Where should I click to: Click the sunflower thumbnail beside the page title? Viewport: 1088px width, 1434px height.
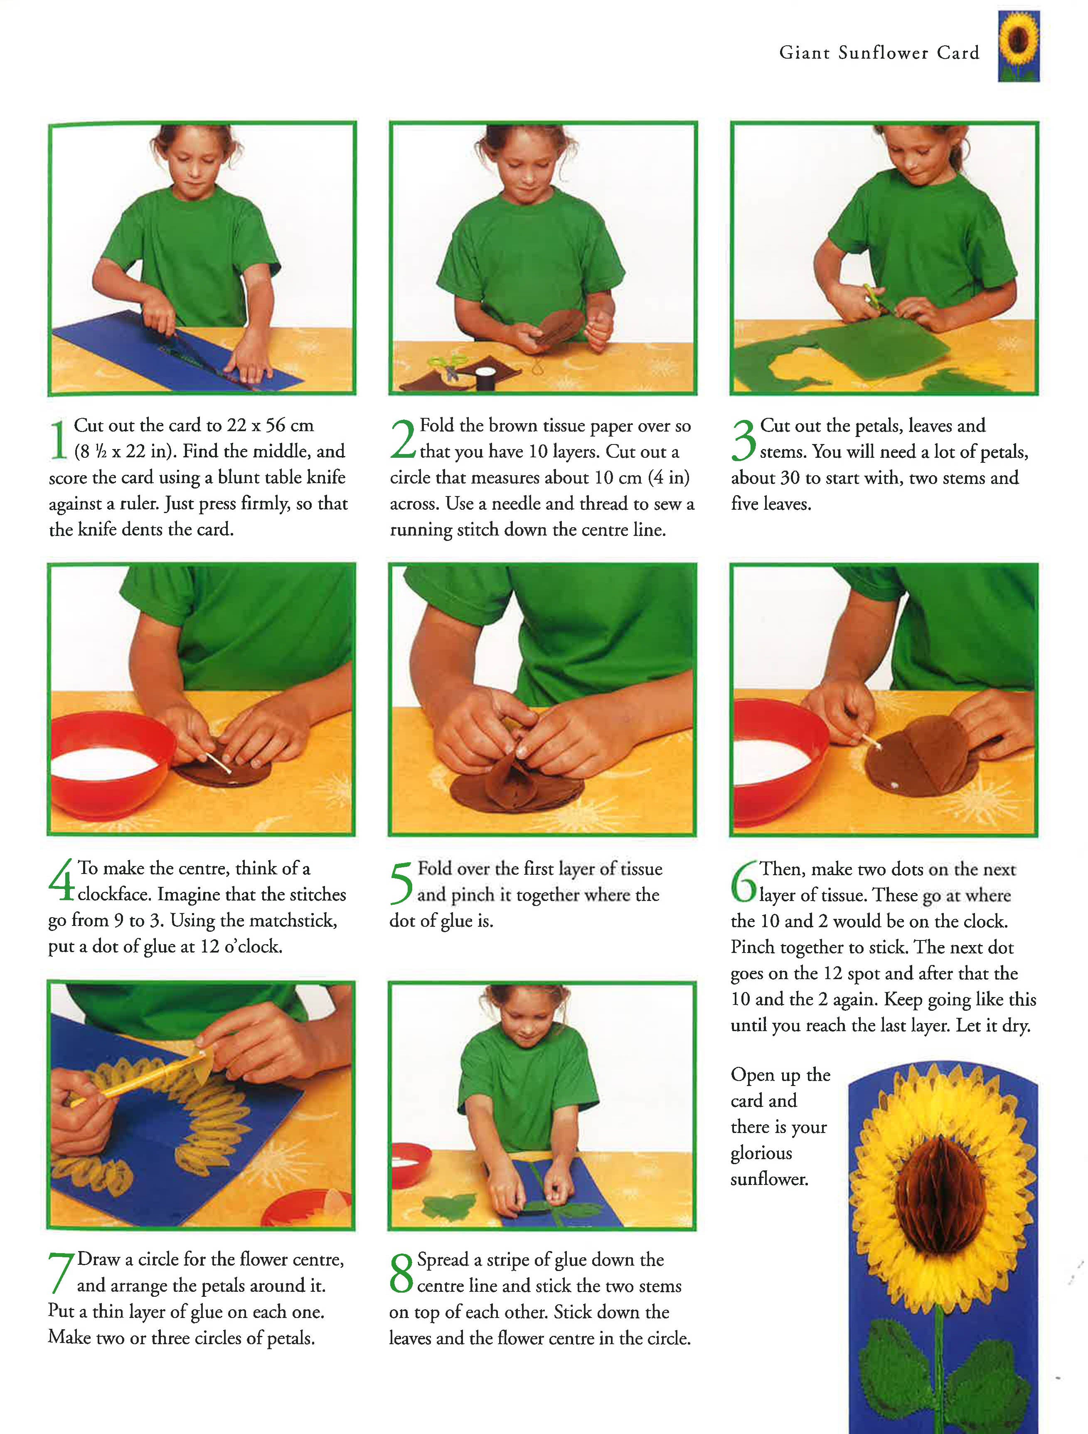click(1019, 46)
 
